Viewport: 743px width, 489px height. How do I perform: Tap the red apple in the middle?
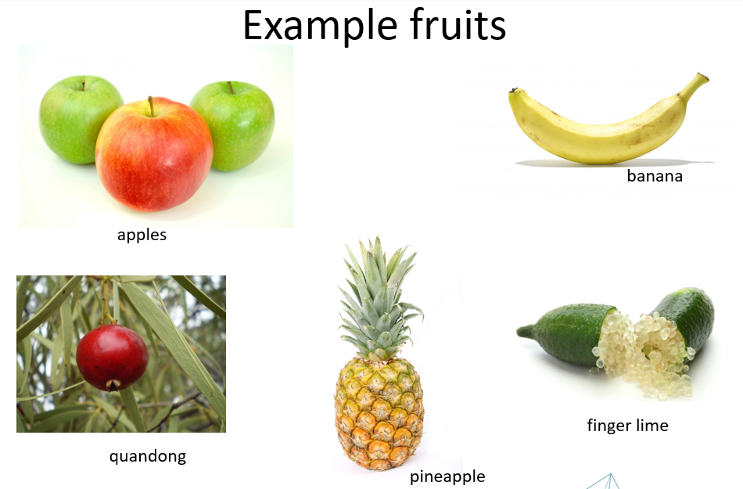point(154,154)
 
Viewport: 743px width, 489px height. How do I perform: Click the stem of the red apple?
point(151,106)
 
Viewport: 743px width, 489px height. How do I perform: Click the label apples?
point(142,235)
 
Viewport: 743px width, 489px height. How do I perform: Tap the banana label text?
point(655,176)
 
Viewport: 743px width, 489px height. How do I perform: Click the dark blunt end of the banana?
point(513,91)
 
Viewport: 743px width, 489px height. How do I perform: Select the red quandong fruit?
point(112,358)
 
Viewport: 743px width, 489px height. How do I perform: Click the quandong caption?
point(147,457)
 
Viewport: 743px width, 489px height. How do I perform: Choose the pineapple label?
point(447,476)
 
